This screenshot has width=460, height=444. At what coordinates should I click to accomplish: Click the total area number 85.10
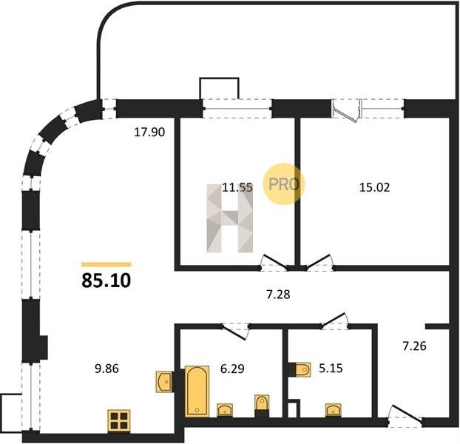(x=106, y=280)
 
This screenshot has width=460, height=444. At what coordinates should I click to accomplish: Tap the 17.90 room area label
(x=149, y=132)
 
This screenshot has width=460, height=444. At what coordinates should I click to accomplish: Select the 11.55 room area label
(x=237, y=187)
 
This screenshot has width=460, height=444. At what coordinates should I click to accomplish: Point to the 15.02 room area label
(x=375, y=187)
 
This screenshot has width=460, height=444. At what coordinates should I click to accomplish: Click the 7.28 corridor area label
(x=278, y=295)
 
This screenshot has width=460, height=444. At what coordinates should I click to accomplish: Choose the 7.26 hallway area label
(x=414, y=346)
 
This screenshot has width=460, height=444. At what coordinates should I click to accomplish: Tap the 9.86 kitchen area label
(x=106, y=369)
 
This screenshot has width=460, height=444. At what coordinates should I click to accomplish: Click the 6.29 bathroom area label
(x=232, y=369)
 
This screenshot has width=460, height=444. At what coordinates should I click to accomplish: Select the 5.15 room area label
(x=331, y=368)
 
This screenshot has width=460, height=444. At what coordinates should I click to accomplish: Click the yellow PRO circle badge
(x=283, y=184)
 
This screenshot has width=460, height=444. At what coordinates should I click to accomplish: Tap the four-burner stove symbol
(x=119, y=420)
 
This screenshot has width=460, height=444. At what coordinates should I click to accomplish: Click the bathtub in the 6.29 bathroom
(x=197, y=391)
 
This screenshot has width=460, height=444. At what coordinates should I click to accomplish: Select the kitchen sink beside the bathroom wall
(x=164, y=382)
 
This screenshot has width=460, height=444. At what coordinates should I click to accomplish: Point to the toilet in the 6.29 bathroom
(x=262, y=406)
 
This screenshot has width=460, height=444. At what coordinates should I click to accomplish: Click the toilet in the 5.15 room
(x=300, y=370)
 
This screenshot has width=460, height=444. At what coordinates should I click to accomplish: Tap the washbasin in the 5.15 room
(x=334, y=410)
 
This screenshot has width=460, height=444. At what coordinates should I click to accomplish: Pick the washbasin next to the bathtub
(x=225, y=410)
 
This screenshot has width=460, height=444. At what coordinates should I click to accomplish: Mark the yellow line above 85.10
(x=106, y=264)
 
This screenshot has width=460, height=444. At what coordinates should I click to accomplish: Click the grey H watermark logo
(x=230, y=218)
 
